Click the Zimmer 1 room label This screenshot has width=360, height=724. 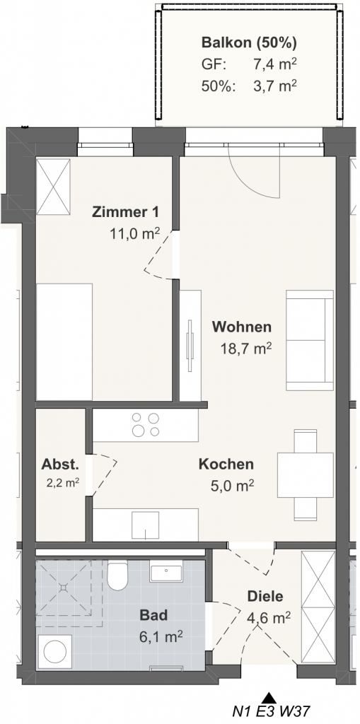[126, 212]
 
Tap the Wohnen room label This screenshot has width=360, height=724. [242, 327]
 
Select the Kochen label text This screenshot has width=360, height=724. [226, 464]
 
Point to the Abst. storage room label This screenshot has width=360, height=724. [61, 464]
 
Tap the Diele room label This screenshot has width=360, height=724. [265, 596]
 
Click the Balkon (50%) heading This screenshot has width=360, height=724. [249, 43]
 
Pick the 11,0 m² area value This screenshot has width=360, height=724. [134, 233]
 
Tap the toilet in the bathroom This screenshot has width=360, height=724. [117, 575]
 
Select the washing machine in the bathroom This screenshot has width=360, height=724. [54, 653]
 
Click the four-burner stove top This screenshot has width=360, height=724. [145, 425]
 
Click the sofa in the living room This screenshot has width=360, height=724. [310, 340]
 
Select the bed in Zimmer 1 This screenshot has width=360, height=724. [64, 342]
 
